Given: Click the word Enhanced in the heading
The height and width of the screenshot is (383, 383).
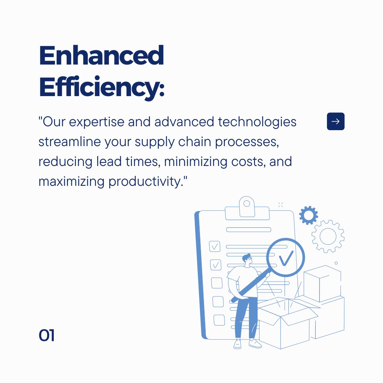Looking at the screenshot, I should tap(101, 56).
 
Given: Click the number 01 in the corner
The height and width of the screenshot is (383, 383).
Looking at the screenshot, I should tap(46, 335).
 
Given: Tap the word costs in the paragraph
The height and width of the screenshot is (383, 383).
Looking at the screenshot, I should tap(246, 162).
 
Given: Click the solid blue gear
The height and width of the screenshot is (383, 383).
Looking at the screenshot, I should tap(308, 215).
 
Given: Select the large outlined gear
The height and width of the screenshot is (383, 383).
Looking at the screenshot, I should tap(328, 236).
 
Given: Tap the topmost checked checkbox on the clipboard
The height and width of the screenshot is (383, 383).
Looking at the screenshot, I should tap(215, 246).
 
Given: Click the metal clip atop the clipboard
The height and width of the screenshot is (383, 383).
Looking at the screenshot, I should tap(247, 207).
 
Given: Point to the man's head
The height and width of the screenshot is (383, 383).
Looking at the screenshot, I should tap(248, 260).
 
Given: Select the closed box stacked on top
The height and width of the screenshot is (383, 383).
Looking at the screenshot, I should tap(322, 284).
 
